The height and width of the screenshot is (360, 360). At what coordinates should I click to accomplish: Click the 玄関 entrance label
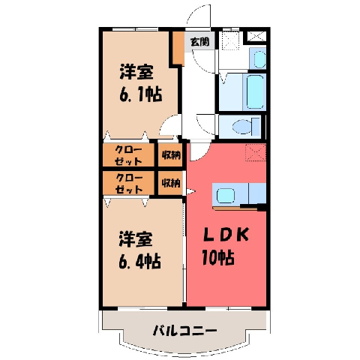click(x=199, y=42)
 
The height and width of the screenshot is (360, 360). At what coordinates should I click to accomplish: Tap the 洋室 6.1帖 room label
click(x=140, y=83)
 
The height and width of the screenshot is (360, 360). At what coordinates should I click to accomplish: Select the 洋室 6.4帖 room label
click(x=139, y=250)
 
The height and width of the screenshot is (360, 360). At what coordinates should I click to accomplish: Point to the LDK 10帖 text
click(x=225, y=246)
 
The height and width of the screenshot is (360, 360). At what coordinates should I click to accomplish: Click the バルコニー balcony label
click(x=184, y=331)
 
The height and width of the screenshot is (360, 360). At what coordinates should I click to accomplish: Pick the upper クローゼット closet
click(x=128, y=155)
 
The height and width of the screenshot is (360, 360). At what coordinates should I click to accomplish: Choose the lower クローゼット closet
click(x=128, y=183)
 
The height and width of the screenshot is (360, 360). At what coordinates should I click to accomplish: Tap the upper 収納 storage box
click(x=170, y=155)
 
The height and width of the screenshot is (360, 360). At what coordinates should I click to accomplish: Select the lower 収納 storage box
click(x=170, y=183)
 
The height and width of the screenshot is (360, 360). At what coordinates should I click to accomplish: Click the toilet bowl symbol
click(x=242, y=126)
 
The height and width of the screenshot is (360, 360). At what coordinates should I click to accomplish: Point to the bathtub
click(x=255, y=91)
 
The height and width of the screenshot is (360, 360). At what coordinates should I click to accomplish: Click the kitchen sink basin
click(x=226, y=196)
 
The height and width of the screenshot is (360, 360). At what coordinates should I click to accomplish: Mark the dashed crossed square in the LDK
click(x=256, y=152)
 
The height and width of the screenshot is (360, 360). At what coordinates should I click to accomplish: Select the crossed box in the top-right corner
click(x=256, y=37)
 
